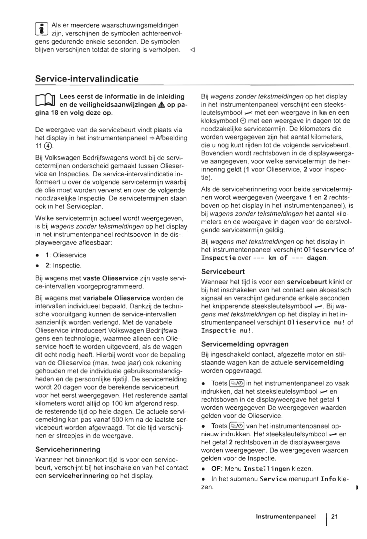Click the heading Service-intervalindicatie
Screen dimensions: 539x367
87,79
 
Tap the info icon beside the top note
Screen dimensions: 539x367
41,29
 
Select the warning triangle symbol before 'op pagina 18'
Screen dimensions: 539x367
161,105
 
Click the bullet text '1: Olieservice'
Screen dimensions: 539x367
66,255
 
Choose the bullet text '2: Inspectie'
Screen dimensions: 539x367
63,266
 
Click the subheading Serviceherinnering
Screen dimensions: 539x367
68,449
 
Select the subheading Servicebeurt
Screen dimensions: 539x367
223,271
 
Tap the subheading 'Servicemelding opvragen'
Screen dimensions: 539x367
245,344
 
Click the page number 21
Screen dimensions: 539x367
335,517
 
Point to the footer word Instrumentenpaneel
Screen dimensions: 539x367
286,517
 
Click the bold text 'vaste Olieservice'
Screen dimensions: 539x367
110,278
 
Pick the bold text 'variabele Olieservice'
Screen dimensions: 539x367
116,298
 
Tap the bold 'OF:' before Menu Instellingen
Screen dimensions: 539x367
217,469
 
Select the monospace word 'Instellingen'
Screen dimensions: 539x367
267,469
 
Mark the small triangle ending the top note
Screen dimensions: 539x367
192,50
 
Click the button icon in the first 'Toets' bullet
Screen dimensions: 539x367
237,383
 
